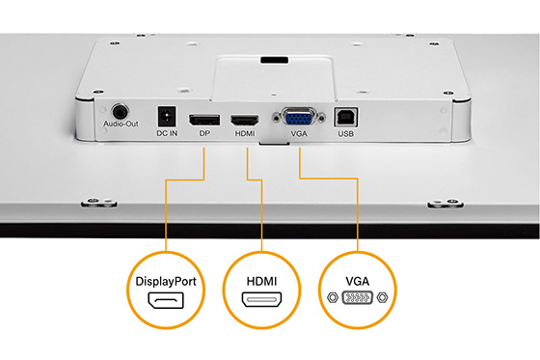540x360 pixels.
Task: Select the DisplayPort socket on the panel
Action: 203,121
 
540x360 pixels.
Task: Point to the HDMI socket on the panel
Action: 243,121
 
